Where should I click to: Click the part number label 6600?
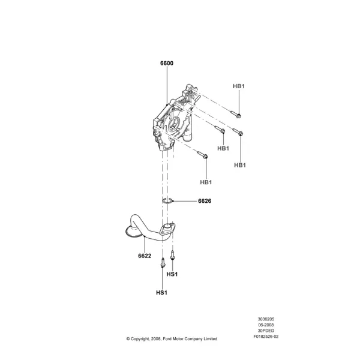[x=167, y=63]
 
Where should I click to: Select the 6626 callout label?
[x=205, y=201]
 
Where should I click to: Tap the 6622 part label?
[x=145, y=256]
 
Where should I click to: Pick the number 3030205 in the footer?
[x=266, y=319]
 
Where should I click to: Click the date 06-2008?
[x=266, y=325]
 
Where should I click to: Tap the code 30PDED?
[x=266, y=331]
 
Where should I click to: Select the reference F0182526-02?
[x=266, y=337]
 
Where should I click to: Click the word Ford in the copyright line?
[x=167, y=339]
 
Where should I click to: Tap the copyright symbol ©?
[x=128, y=339]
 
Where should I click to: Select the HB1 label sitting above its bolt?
[x=239, y=86]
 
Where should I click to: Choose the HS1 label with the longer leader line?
[x=161, y=293]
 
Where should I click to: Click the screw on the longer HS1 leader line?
[x=163, y=263]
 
